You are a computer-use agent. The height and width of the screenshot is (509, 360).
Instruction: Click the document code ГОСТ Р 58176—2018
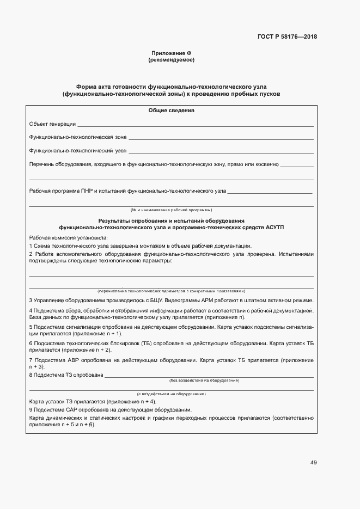tap(287, 37)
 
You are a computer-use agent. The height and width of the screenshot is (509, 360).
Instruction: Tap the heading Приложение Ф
tap(172, 53)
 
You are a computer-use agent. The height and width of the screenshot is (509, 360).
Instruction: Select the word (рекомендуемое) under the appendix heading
tap(172, 59)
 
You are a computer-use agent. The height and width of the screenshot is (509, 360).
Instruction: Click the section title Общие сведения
tap(172, 111)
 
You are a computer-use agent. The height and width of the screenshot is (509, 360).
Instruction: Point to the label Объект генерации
tap(52, 124)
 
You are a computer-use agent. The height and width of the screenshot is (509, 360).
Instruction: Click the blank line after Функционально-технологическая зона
tap(221, 138)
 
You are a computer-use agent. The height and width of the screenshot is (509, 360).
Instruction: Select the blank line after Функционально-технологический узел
tap(221, 151)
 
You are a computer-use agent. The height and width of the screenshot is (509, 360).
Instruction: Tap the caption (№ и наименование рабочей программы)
tap(171, 210)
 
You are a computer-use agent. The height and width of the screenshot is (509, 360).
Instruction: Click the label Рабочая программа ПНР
tap(62, 191)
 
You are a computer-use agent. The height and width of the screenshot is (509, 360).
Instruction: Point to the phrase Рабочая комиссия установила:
tap(68, 238)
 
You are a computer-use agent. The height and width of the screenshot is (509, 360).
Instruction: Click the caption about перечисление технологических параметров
tap(171, 291)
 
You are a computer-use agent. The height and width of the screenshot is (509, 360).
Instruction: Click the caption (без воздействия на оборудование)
tap(204, 379)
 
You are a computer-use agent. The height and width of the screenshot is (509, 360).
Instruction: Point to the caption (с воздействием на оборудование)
tap(171, 393)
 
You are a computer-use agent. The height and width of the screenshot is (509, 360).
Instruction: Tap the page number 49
tap(313, 463)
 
